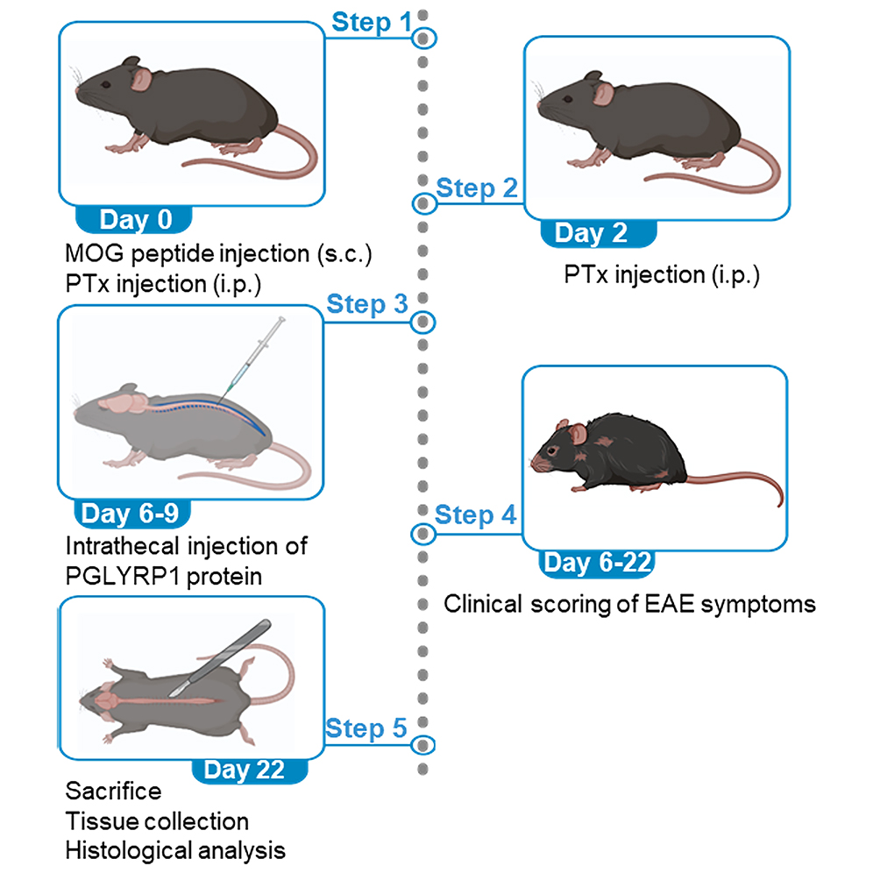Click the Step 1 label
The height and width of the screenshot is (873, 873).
point(371,23)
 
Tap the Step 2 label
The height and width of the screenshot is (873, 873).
point(477,188)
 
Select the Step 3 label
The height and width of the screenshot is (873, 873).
point(367,305)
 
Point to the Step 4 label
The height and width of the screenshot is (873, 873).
point(476,515)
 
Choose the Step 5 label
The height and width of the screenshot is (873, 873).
point(367,728)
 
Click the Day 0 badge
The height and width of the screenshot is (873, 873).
point(135,220)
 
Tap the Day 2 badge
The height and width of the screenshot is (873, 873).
point(592,234)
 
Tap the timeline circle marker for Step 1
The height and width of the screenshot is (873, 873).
point(424,38)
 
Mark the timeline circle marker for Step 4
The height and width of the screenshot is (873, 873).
point(423,533)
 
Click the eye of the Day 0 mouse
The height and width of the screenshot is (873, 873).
point(105,84)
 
